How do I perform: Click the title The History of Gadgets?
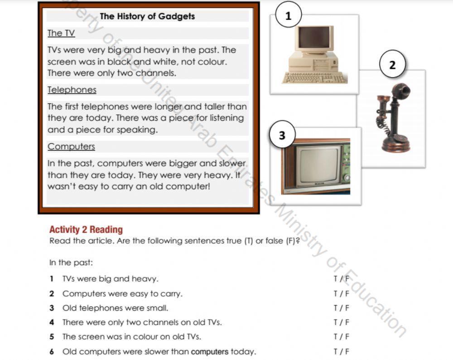(147, 16)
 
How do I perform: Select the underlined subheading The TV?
(61, 33)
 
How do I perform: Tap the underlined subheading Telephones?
(72, 90)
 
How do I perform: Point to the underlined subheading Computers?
(71, 146)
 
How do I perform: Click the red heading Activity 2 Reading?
(86, 229)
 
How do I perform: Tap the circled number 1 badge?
(289, 16)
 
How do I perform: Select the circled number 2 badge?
(392, 64)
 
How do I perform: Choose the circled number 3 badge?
(282, 135)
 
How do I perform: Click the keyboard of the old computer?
(314, 78)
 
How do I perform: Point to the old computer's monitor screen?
(313, 38)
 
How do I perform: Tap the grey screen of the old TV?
(318, 166)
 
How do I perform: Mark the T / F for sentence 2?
(341, 293)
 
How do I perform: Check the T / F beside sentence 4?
(341, 322)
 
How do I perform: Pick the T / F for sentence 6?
(341, 351)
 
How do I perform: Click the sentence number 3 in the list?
(52, 308)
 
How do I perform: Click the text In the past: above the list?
(71, 263)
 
